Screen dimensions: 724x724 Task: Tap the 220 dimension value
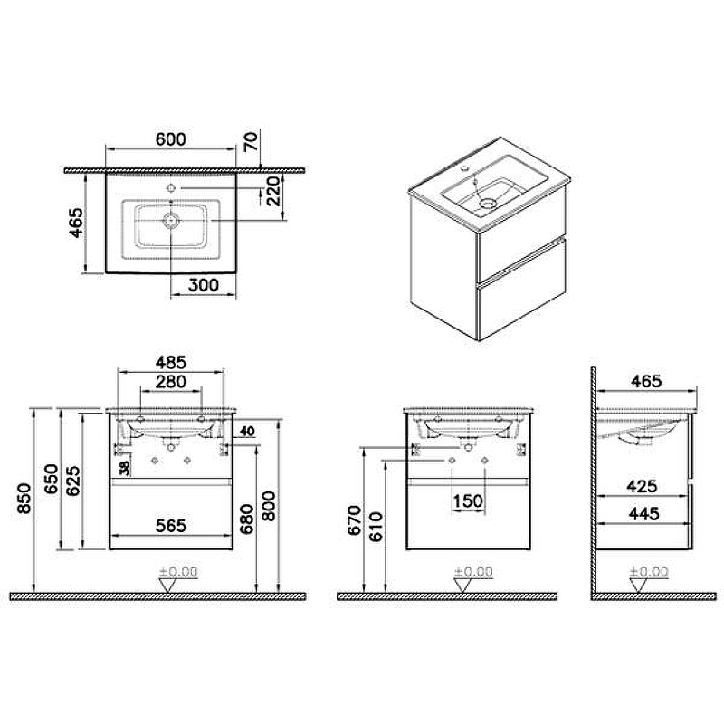(x=271, y=193)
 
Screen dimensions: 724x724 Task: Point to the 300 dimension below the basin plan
(x=203, y=284)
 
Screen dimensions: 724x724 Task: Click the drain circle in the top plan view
(x=171, y=221)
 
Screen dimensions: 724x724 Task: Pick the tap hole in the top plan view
(x=171, y=188)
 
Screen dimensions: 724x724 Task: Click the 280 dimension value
(x=171, y=381)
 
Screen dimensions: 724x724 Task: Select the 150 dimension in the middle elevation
(x=468, y=500)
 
